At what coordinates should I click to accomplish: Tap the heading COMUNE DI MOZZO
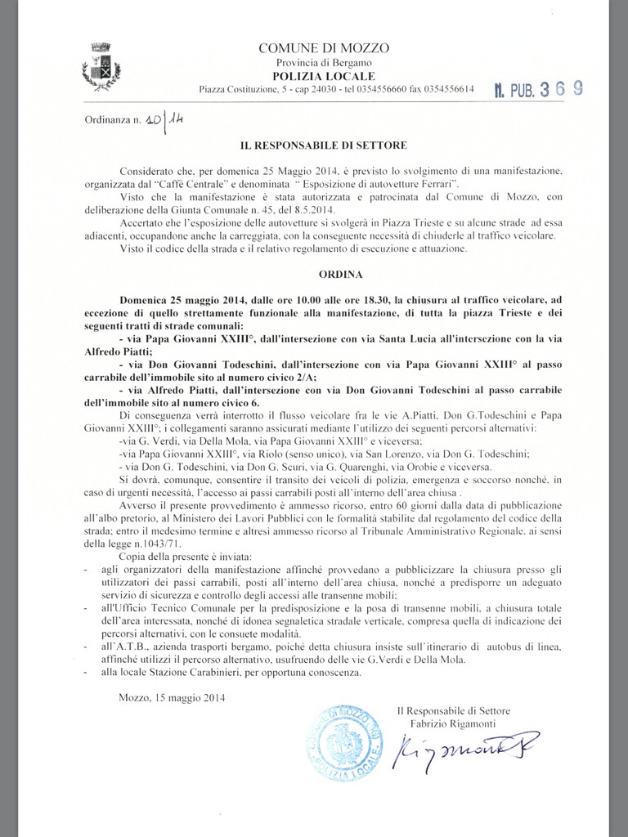click(324, 48)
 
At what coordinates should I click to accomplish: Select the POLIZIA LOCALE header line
click(324, 75)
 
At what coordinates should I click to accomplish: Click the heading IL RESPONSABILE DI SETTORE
click(323, 145)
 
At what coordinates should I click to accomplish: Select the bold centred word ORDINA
click(323, 275)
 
